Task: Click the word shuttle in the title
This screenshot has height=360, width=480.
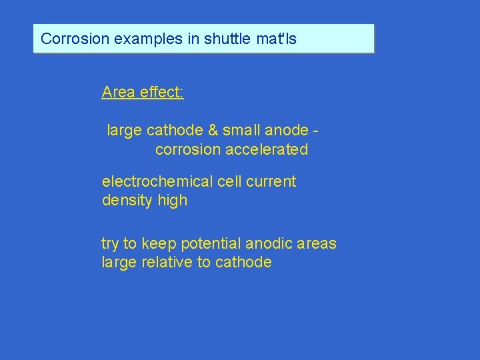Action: [228, 39]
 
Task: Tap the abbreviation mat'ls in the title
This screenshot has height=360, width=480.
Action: [277, 39]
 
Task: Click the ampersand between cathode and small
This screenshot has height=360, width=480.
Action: [213, 131]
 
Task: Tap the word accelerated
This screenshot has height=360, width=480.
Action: [267, 149]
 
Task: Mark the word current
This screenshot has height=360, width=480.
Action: [271, 181]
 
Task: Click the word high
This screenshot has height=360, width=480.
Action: [173, 201]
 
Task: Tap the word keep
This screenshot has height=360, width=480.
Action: [158, 244]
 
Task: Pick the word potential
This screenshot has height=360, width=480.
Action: [209, 244]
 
